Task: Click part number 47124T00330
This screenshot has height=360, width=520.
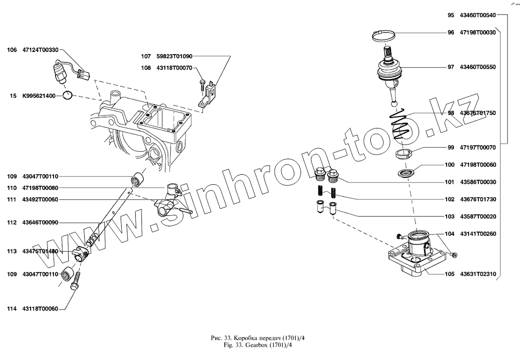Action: tap(40, 50)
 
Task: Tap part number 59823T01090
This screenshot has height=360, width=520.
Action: tap(174, 56)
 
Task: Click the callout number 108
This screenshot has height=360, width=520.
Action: tap(146, 68)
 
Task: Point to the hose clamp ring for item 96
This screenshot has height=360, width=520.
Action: tap(386, 35)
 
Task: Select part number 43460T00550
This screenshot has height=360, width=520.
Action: tap(478, 67)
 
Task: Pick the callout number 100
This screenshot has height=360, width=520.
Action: tap(450, 165)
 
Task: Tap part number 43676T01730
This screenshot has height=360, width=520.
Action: tap(478, 199)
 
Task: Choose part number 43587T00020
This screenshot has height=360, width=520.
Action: tap(478, 216)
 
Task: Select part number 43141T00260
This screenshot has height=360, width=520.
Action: tap(478, 234)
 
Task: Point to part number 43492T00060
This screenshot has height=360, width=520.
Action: tap(40, 199)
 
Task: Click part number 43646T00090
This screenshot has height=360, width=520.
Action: tap(40, 222)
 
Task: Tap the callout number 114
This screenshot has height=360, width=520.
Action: tap(11, 308)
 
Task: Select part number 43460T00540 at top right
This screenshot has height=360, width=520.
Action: tap(478, 16)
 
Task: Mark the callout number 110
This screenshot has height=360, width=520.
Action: tap(11, 188)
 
